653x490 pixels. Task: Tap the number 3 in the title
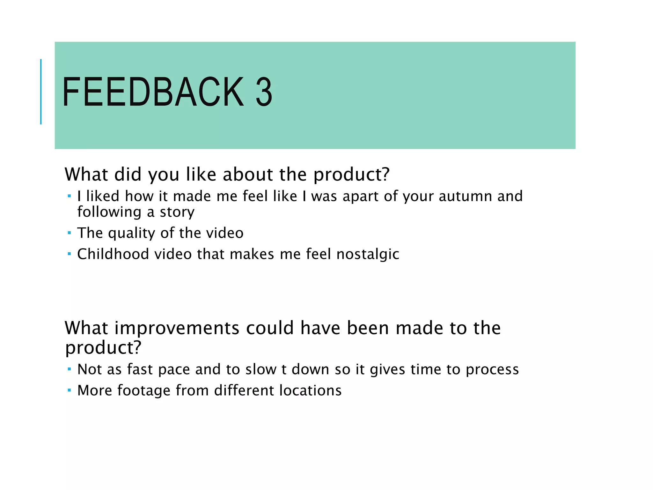(264, 93)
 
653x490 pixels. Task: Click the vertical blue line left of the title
(41, 92)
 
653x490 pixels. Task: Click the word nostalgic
(368, 254)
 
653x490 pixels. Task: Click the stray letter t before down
(284, 370)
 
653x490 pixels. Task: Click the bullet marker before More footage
(69, 390)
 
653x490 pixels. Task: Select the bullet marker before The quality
(69, 233)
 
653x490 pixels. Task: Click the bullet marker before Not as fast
(69, 369)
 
